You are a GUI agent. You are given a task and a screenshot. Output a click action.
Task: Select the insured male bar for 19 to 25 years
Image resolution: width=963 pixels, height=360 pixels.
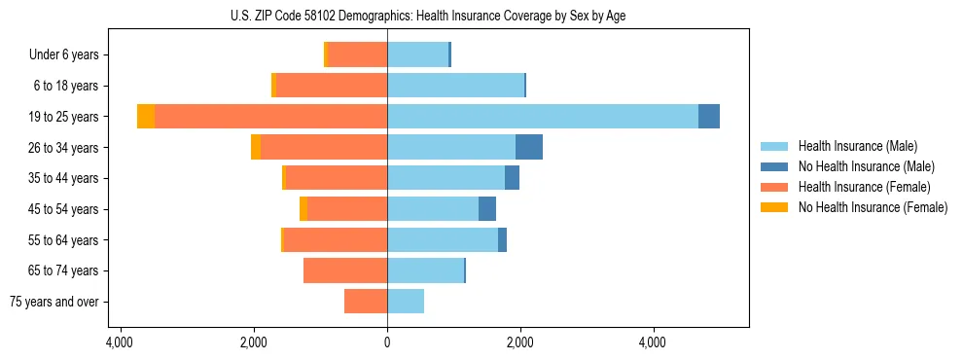click(x=543, y=116)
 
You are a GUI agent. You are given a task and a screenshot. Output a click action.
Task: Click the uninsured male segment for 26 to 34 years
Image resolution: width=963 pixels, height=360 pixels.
click(x=529, y=147)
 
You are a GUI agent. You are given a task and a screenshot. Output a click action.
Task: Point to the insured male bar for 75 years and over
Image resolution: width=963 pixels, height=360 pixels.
click(x=406, y=302)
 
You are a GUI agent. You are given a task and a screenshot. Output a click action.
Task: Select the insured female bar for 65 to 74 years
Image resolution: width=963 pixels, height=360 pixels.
click(x=345, y=270)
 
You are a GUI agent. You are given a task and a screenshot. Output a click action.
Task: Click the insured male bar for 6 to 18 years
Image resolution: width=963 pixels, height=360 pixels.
click(x=455, y=86)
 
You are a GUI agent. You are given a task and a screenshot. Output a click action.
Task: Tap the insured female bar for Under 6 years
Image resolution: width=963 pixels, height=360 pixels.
click(x=358, y=54)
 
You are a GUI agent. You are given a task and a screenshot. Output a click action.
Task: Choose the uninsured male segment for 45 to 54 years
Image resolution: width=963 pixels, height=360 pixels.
click(x=487, y=209)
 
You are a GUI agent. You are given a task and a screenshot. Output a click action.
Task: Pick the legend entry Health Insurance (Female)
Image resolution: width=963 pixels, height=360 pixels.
click(x=864, y=187)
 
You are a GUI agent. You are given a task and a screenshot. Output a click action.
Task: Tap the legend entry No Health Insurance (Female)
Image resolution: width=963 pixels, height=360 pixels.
click(x=872, y=207)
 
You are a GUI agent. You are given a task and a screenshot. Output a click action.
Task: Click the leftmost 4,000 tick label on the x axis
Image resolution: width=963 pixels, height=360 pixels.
click(x=120, y=342)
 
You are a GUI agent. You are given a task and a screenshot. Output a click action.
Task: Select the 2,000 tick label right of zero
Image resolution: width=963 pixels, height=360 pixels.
click(x=520, y=342)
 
